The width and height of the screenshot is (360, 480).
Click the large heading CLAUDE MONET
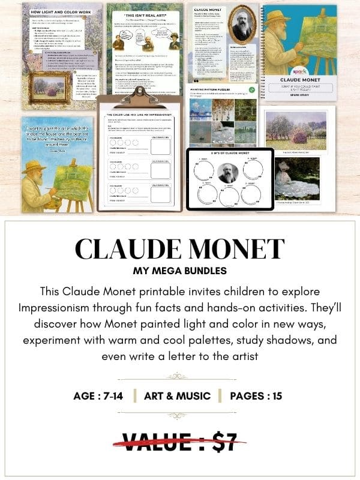tap(180, 249)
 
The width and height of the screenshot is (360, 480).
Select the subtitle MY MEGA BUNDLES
tap(180, 271)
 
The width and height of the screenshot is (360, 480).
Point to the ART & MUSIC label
tap(177, 395)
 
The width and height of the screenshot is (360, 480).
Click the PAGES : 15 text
tap(253, 395)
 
